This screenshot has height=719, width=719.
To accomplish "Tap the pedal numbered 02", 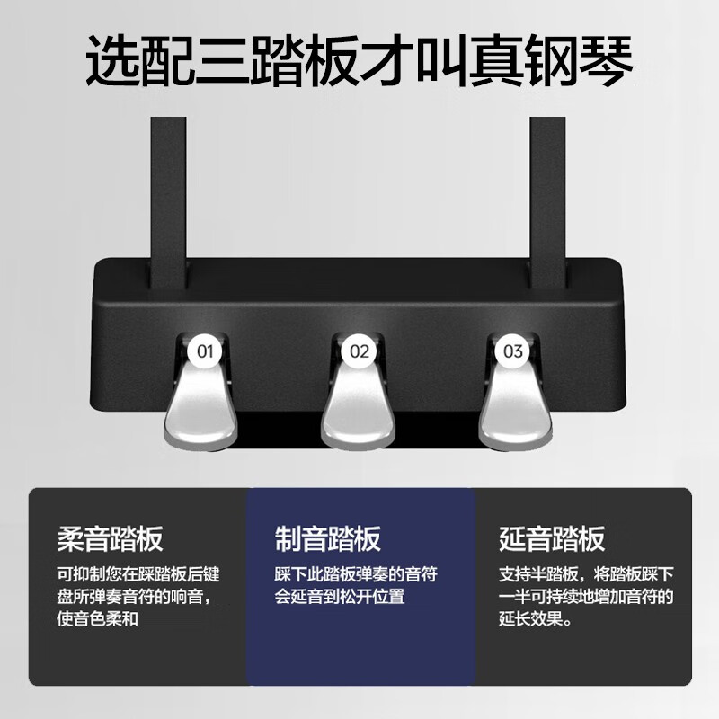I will (359, 404).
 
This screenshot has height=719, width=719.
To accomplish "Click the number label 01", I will (205, 351).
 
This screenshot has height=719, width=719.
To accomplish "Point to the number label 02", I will (359, 351).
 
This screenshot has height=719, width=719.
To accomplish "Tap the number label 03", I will (513, 351).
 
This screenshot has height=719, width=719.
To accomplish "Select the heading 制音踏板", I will (328, 539).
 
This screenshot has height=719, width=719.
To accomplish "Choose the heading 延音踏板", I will (552, 539).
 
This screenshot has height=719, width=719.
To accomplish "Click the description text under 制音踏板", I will (355, 585).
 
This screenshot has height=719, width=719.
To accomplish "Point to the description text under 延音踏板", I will (585, 596).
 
